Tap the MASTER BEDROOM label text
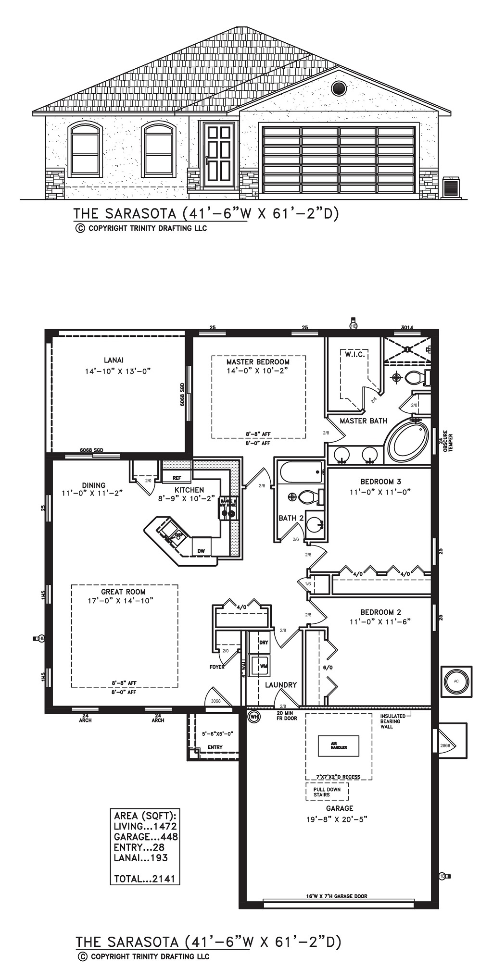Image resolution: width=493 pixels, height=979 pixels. pos(258,362)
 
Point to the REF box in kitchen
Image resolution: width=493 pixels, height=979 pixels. pos(177,478)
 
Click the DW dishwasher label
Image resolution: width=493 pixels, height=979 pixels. pos(201,551)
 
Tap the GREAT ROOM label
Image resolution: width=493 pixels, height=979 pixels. pos(123,592)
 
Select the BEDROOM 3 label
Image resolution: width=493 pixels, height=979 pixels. pos(380,482)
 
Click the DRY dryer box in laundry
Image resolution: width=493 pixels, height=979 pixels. pos(263,643)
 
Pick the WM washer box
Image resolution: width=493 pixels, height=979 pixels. pos(263,666)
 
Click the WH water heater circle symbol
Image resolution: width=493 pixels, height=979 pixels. pos(253,717)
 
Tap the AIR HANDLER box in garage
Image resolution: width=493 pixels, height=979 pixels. pos(338,745)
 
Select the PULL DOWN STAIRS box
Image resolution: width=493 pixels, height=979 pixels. pos(327,792)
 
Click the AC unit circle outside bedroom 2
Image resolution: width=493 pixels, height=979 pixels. pos(456,681)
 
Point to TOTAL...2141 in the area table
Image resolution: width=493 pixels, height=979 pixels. pos(145,879)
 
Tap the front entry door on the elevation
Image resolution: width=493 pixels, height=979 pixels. pos(218,155)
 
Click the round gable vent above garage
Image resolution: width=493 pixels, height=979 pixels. pos(339,88)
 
